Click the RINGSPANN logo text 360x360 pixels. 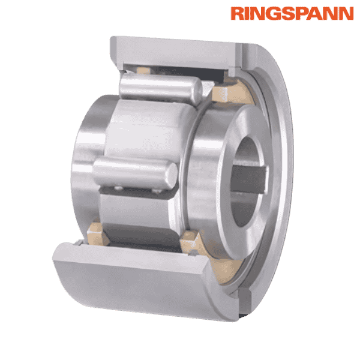click(292, 13)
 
